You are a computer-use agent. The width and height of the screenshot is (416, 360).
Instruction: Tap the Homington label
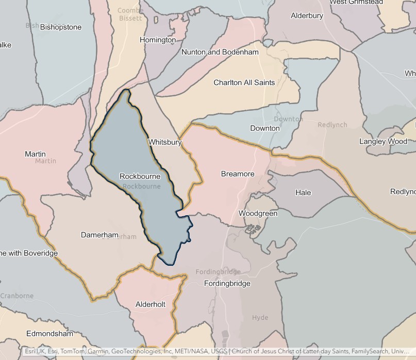(x=158, y=40)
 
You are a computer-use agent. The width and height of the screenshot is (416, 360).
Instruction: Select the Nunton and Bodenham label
(x=220, y=52)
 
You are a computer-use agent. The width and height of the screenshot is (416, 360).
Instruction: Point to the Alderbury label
(x=307, y=15)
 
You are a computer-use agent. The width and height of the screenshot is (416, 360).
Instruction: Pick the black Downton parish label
(x=264, y=128)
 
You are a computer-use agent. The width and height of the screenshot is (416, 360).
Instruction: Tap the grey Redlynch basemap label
(x=332, y=125)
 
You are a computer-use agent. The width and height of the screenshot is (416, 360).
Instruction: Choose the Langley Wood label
(x=383, y=141)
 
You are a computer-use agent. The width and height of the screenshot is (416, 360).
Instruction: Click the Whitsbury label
(x=165, y=142)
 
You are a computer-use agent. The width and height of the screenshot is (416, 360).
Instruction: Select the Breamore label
(x=238, y=174)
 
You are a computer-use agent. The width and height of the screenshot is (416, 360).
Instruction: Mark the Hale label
(x=303, y=192)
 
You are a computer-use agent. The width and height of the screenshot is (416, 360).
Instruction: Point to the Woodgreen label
(x=258, y=213)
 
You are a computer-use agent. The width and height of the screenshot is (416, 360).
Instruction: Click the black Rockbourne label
(x=140, y=176)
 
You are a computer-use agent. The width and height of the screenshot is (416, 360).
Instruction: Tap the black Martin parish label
(x=35, y=153)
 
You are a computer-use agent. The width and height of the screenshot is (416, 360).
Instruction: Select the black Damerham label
(x=99, y=234)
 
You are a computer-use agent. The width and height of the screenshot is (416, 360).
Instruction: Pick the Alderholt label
(x=151, y=304)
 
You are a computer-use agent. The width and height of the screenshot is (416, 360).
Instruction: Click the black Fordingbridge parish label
(x=227, y=283)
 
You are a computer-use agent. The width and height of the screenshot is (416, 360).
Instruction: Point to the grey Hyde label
(x=260, y=318)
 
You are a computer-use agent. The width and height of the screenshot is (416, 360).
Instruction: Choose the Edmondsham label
(x=49, y=333)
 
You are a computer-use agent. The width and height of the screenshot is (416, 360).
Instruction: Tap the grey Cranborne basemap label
(x=17, y=296)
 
